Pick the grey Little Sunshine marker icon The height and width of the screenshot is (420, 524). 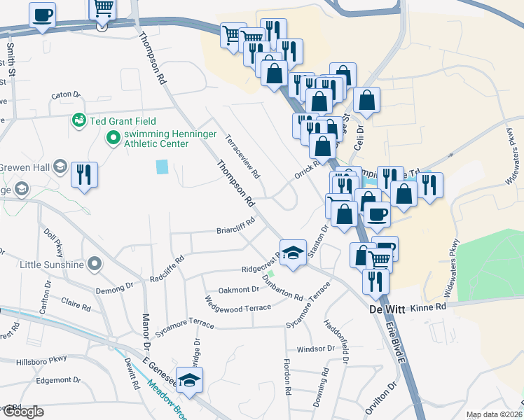click(x=96, y=265)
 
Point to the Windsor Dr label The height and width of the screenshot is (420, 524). click(x=316, y=349)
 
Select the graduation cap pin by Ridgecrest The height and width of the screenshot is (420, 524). click(x=294, y=251)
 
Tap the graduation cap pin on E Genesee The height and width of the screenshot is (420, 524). click(x=189, y=379)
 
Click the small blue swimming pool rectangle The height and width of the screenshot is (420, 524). click(x=163, y=167)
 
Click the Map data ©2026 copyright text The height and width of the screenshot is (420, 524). click(x=492, y=414)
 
